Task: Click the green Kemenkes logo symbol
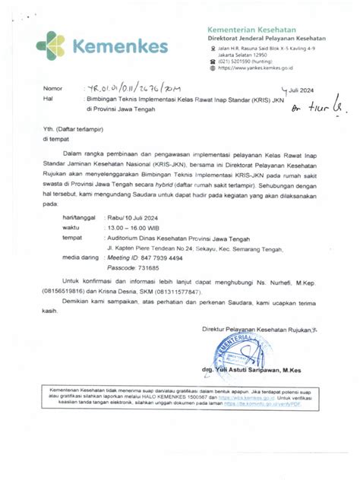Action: tap(52, 46)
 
